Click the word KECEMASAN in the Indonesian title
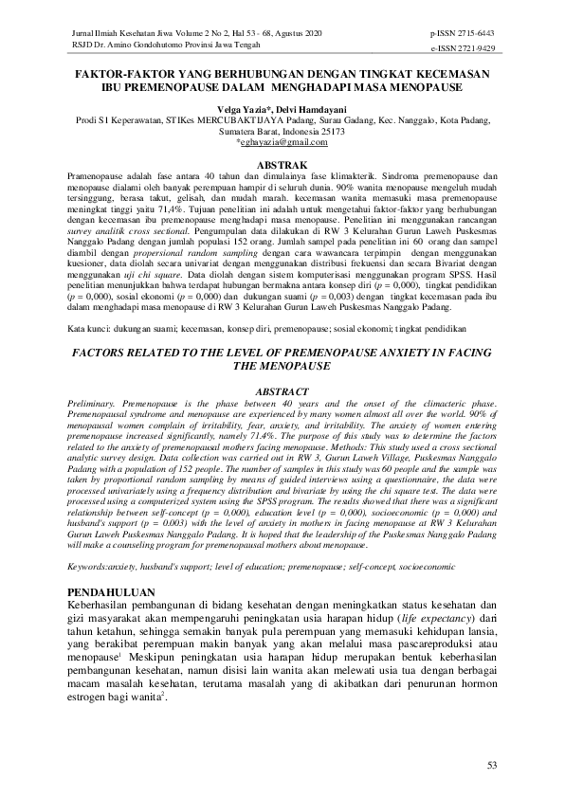[447, 74]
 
